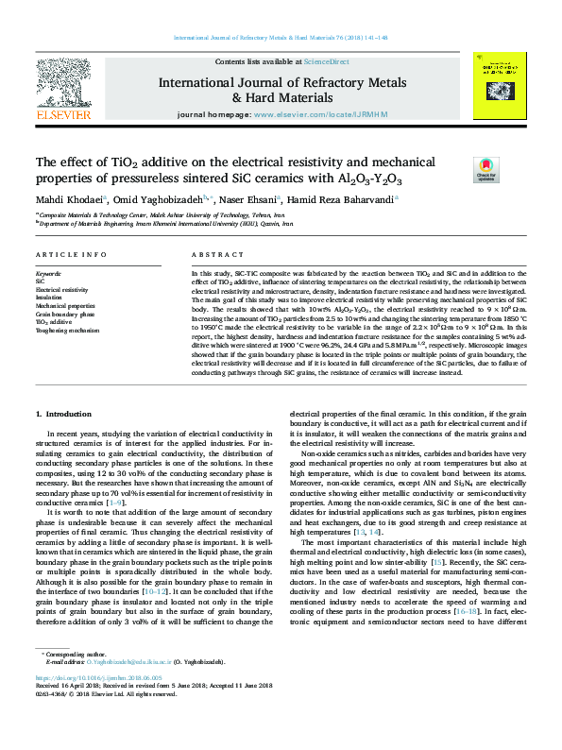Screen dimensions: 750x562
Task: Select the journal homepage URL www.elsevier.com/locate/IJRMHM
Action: click(x=321, y=114)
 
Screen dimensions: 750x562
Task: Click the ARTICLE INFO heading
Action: click(x=71, y=255)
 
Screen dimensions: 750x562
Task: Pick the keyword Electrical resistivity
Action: click(x=61, y=290)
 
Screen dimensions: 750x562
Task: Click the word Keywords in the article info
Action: click(x=49, y=273)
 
